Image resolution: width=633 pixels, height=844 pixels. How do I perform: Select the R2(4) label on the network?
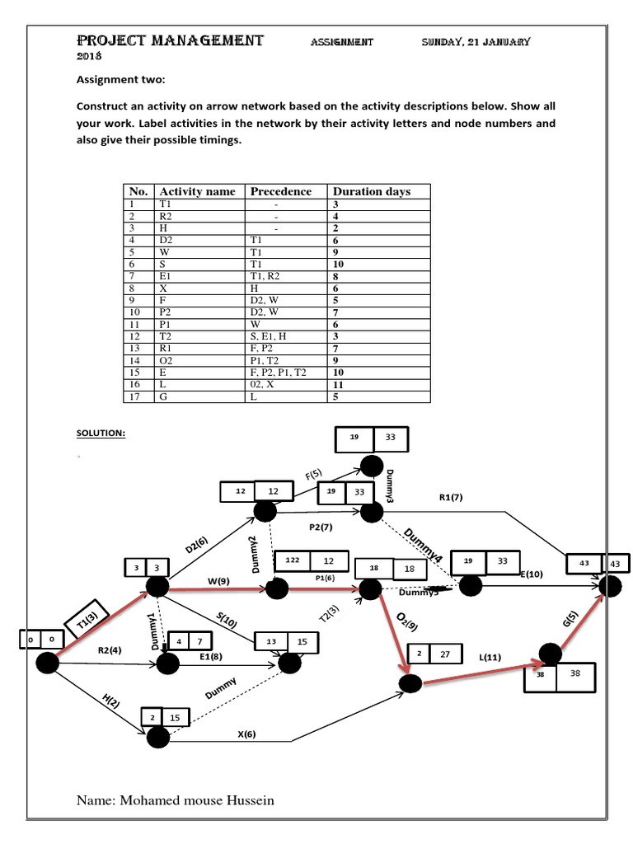coord(110,650)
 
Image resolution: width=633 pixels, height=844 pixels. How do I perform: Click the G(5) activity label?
coord(570,618)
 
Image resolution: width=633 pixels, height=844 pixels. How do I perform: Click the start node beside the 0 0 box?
coord(47,662)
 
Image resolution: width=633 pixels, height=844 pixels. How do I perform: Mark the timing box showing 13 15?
coord(284,641)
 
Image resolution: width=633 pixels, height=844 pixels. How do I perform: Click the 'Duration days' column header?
coord(371,191)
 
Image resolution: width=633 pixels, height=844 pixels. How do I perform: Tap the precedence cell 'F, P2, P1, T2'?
coord(279,373)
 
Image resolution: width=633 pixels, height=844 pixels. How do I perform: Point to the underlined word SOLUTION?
coord(101,433)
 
